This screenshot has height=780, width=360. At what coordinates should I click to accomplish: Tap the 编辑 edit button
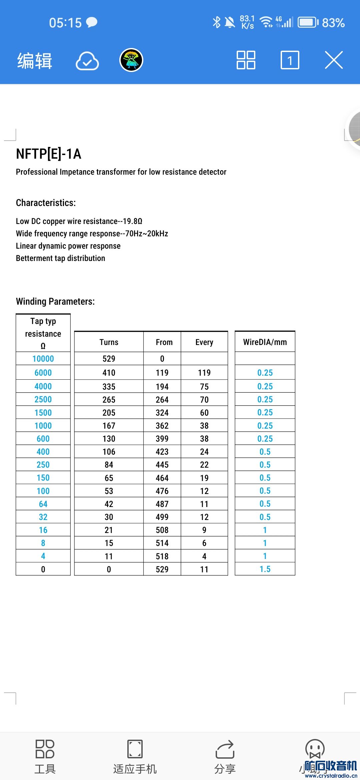click(x=35, y=61)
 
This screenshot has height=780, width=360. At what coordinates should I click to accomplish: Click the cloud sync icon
click(x=87, y=61)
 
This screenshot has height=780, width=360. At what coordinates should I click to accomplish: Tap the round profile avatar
click(x=131, y=60)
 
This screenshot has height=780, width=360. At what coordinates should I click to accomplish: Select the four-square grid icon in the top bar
click(x=246, y=60)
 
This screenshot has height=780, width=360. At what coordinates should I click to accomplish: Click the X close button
click(x=334, y=60)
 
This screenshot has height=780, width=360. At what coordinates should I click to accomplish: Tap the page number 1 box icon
click(x=290, y=60)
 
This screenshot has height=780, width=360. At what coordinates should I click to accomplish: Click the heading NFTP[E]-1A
click(x=49, y=154)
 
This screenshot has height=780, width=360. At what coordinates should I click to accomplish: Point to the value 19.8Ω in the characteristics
click(x=132, y=221)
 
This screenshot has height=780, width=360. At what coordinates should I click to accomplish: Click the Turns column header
click(x=109, y=342)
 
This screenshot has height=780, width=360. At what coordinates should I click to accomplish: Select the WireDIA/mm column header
click(x=265, y=342)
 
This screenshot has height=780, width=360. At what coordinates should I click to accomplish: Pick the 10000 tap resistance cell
click(x=43, y=359)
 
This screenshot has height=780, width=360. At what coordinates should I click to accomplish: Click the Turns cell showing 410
click(x=109, y=373)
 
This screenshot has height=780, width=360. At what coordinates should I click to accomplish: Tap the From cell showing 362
click(x=162, y=426)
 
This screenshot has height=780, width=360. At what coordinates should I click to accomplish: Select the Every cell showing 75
click(x=204, y=387)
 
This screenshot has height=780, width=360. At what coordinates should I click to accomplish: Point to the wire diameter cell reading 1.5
click(x=265, y=569)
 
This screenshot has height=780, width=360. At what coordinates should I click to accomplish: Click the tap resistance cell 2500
click(x=43, y=399)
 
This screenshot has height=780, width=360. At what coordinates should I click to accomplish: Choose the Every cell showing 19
click(x=204, y=478)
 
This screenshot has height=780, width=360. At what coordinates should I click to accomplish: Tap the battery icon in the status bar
click(x=308, y=23)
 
